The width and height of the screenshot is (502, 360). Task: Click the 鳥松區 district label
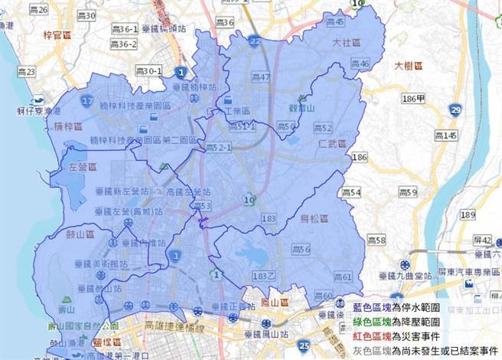(x=313, y=220)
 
